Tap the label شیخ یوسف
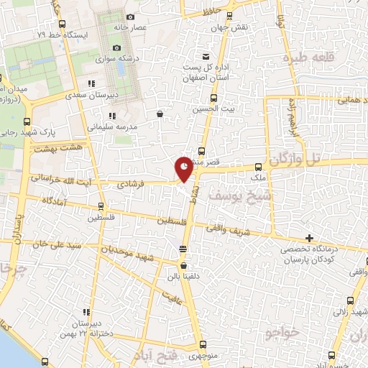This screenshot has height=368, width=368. tap(232, 194)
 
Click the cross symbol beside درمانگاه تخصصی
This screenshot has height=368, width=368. tap(309, 238)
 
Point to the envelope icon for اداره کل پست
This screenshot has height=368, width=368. tap(206, 57)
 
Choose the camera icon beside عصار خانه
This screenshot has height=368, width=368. tap(129, 17)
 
